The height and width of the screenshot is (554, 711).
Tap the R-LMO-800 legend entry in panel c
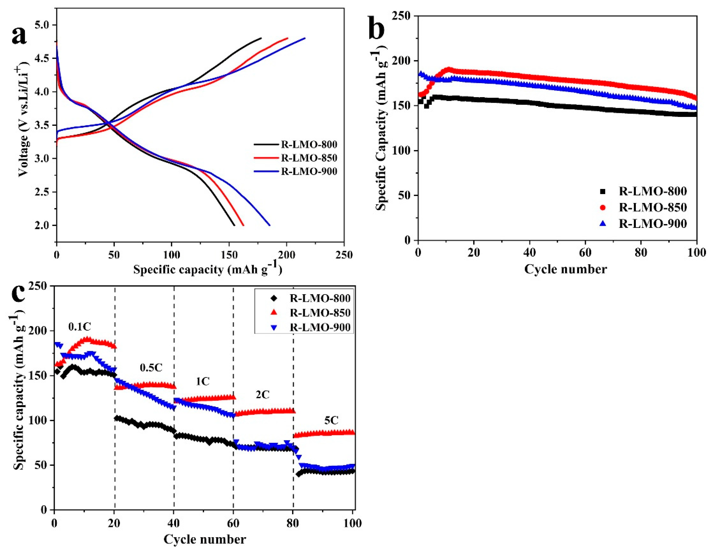(x=320, y=298)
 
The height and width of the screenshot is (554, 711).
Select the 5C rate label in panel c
(x=331, y=421)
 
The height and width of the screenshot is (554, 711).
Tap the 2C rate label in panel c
(x=262, y=395)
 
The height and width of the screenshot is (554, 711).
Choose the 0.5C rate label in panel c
(x=151, y=368)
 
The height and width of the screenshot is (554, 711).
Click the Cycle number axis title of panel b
(x=566, y=269)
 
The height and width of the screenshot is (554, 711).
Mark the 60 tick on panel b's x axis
(x=585, y=253)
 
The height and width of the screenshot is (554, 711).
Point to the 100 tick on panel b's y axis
(x=404, y=151)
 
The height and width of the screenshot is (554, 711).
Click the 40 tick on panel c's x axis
(x=174, y=523)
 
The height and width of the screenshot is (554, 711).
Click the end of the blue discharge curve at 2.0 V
(x=270, y=225)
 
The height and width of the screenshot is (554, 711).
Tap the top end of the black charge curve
(x=261, y=38)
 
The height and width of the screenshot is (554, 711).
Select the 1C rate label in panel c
(x=203, y=381)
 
